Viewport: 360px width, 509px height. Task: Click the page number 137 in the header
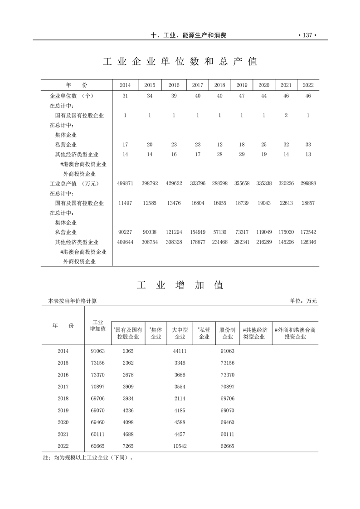(307, 35)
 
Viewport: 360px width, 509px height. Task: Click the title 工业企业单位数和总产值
(180, 62)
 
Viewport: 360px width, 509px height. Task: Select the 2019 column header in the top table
(242, 85)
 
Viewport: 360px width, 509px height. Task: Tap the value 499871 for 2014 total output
(125, 184)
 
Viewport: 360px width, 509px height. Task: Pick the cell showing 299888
(308, 184)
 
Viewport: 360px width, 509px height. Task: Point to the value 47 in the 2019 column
(242, 96)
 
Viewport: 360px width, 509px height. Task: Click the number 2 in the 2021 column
(286, 115)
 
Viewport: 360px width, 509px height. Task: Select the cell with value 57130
(219, 232)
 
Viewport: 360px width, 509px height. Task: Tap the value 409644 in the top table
(125, 242)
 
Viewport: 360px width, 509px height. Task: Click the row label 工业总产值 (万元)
(74, 184)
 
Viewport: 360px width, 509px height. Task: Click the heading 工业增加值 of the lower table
(180, 285)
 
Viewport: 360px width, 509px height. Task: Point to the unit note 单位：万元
(303, 301)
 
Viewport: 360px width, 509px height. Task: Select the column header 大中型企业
(180, 333)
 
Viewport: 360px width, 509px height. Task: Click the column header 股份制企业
(227, 333)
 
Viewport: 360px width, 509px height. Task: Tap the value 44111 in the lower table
(180, 351)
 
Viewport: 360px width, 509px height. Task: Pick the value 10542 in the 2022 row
(180, 446)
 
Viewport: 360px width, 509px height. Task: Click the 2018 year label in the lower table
(63, 398)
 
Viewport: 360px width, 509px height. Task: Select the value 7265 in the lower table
(128, 446)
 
